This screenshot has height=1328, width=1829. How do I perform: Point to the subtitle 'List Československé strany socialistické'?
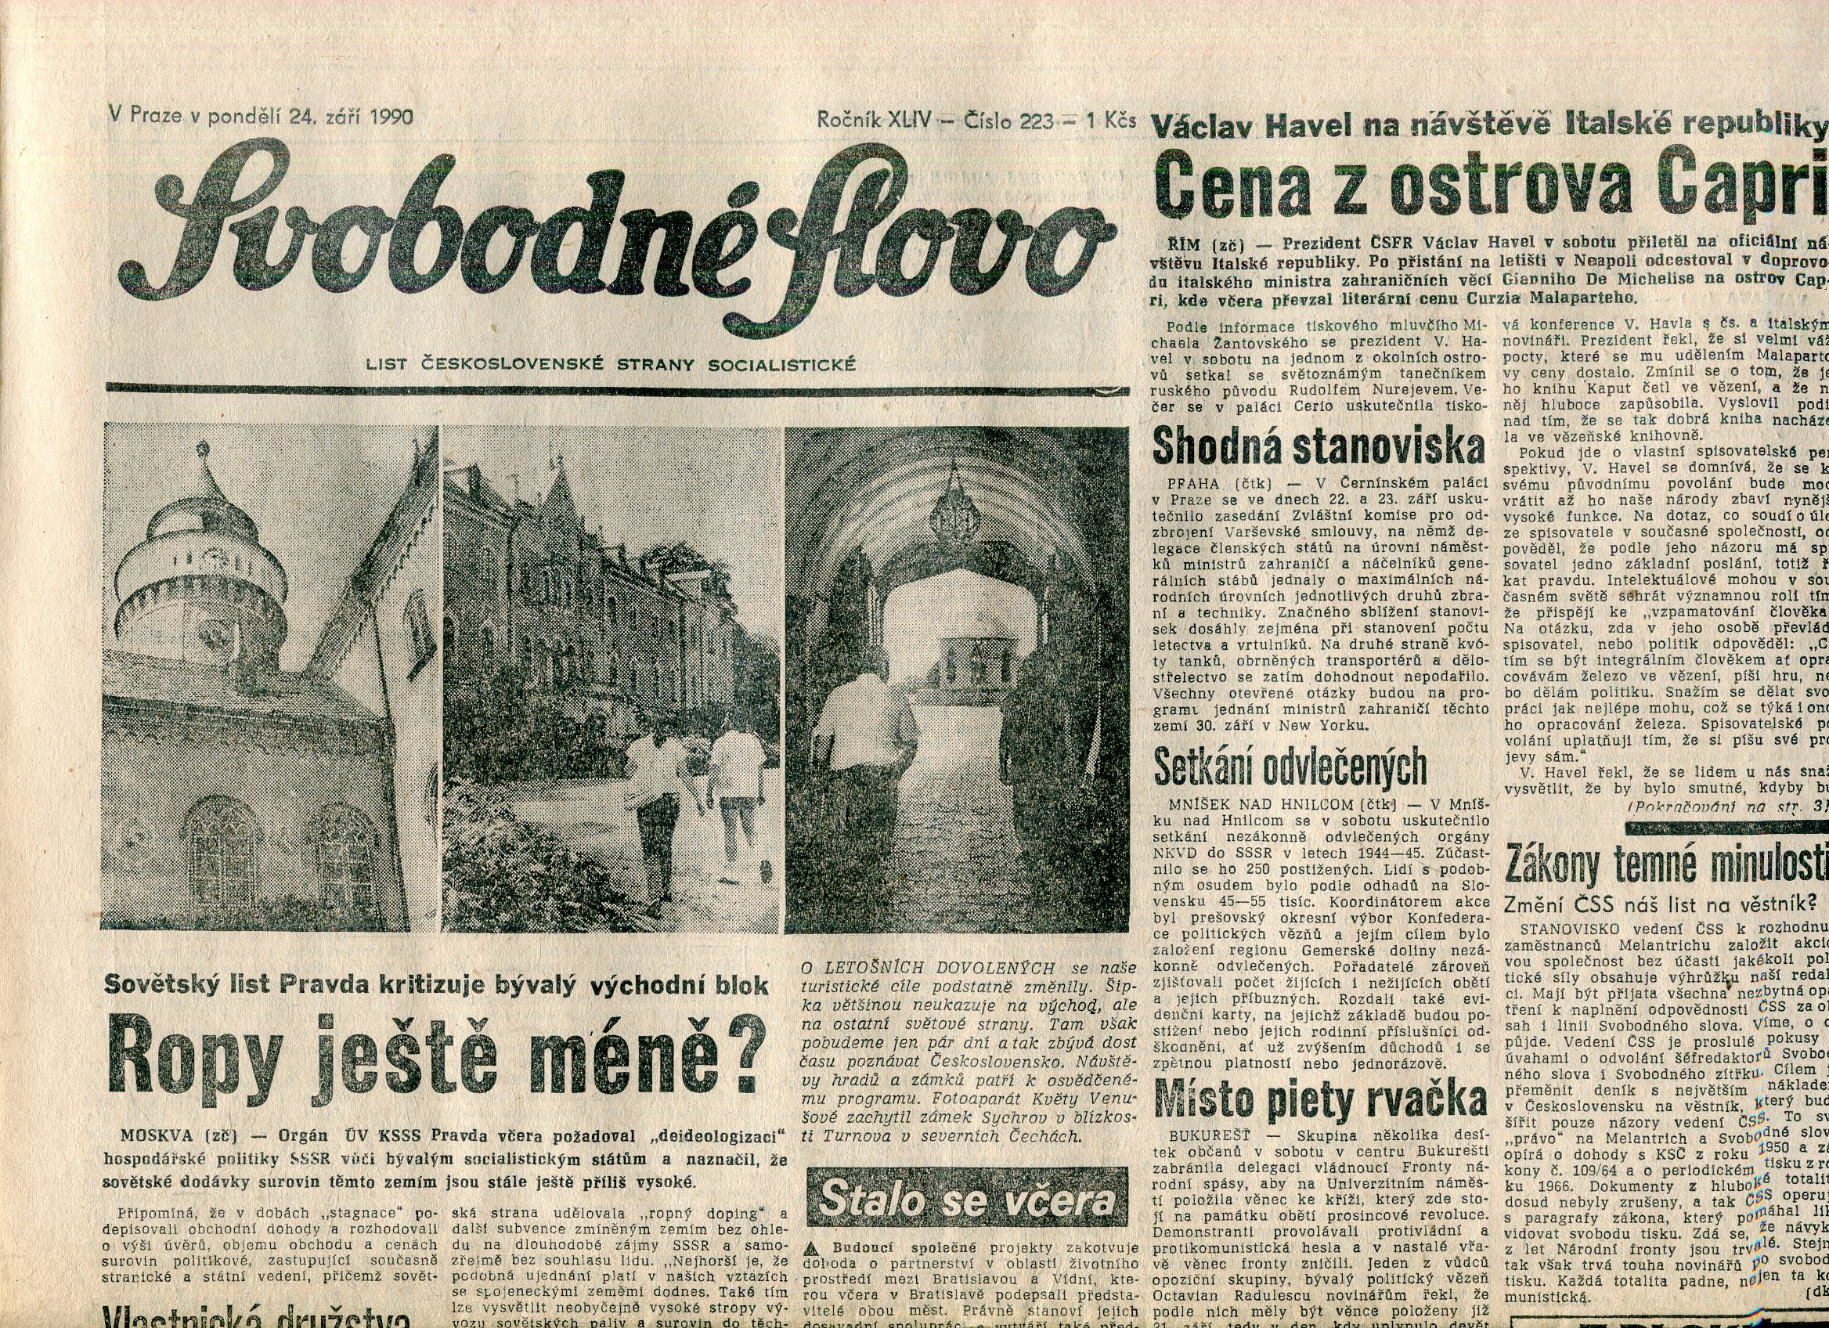(611, 365)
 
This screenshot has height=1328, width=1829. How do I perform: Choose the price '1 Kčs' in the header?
(1111, 121)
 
